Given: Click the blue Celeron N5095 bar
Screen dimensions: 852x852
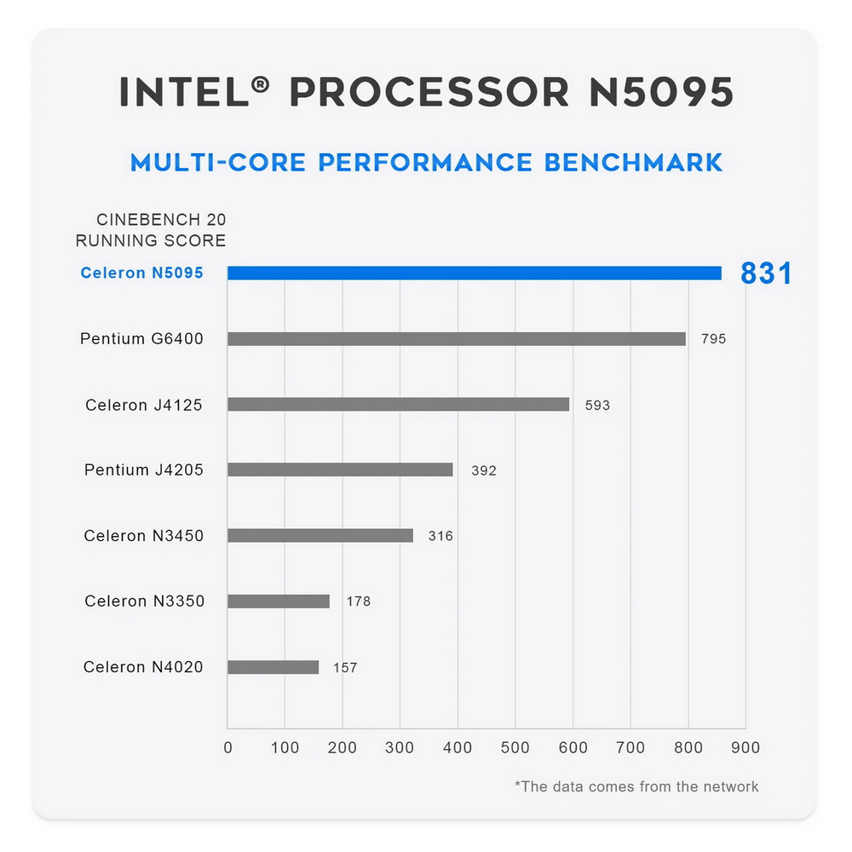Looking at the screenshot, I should click(474, 273).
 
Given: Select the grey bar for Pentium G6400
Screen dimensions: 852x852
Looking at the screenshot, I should click(456, 339).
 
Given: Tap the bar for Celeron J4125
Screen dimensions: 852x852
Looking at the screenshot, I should click(398, 405).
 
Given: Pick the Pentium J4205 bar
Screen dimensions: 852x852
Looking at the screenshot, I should click(340, 469).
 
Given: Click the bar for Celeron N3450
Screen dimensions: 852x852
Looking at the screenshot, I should click(319, 536).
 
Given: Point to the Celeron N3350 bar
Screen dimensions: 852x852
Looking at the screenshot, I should click(278, 602).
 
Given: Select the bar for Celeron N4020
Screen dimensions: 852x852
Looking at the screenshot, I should click(273, 667).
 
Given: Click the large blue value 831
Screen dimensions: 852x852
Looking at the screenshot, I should click(766, 273).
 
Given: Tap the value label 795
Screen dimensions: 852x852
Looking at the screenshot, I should click(713, 339).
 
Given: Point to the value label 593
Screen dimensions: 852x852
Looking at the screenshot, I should click(597, 406).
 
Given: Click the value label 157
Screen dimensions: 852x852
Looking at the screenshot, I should click(345, 668).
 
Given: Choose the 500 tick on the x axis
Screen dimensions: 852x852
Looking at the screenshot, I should click(515, 748).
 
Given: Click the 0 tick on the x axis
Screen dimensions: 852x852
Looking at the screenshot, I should click(227, 748).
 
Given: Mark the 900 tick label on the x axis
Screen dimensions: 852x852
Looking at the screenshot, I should click(745, 748).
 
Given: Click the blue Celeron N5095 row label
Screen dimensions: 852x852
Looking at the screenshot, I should click(141, 273).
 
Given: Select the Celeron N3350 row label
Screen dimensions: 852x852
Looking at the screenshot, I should click(144, 602).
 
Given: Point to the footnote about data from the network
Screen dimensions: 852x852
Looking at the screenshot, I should click(636, 786).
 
